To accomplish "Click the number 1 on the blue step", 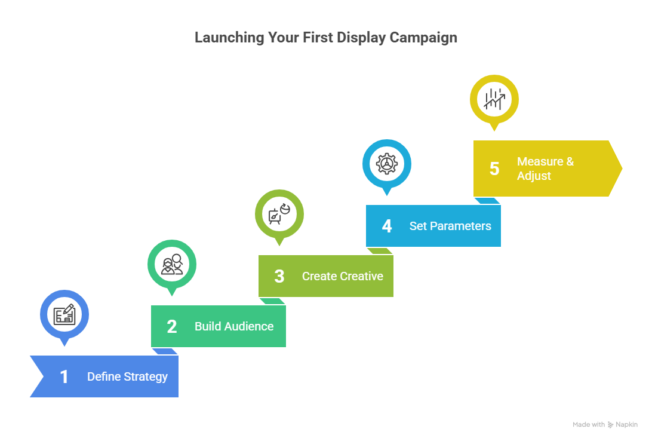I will [64, 376].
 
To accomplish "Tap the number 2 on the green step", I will [172, 326].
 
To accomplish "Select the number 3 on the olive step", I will [279, 276].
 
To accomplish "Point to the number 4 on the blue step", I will [387, 226].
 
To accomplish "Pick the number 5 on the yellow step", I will [494, 169].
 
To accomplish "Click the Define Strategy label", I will [127, 376].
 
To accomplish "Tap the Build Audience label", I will [234, 326].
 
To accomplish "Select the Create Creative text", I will [343, 276].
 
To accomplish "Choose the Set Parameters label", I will [450, 226].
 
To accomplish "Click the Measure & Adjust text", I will [545, 169].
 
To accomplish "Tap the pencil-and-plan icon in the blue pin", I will [64, 314].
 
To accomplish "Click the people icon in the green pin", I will [172, 264].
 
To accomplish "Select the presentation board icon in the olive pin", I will [279, 214].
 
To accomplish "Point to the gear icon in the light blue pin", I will [387, 163].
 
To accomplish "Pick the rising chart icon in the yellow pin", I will [494, 99].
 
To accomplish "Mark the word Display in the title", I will [361, 37].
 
